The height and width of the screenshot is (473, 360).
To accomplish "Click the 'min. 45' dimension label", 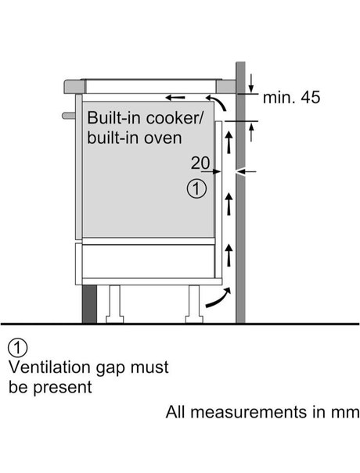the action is pyautogui.click(x=291, y=98).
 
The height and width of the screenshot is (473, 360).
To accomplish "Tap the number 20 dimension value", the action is pyautogui.click(x=200, y=163).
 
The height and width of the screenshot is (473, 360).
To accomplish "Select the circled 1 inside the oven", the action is pyautogui.click(x=196, y=189).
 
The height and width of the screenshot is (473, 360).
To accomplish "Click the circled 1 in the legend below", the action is pyautogui.click(x=18, y=348).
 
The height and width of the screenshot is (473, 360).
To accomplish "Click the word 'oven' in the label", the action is pyautogui.click(x=163, y=138).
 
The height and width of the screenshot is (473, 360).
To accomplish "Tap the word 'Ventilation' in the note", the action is pyautogui.click(x=49, y=367).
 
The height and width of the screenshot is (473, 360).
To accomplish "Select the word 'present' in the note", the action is pyautogui.click(x=62, y=388).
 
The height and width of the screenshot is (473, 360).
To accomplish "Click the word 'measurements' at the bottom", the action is pyautogui.click(x=248, y=412).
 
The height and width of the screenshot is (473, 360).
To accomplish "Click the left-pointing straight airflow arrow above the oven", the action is pyautogui.click(x=175, y=98).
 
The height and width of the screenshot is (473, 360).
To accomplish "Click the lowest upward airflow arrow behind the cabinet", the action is pyautogui.click(x=229, y=255).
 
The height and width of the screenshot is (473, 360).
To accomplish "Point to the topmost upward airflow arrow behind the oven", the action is pyautogui.click(x=229, y=142).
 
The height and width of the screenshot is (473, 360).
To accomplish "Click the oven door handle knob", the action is pyautogui.click(x=69, y=116).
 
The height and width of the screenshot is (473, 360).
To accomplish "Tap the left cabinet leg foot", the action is pyautogui.click(x=115, y=319).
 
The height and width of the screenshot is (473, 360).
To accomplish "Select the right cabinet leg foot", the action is pyautogui.click(x=194, y=319).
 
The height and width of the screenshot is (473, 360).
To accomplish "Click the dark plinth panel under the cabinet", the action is pyautogui.click(x=89, y=304).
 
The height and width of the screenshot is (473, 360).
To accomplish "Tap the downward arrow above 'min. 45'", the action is pyautogui.click(x=251, y=83).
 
